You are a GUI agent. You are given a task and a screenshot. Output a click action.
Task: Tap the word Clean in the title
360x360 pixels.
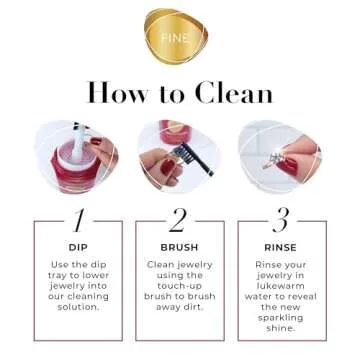[x=233, y=93]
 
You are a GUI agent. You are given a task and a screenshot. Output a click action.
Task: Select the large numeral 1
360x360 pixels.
[x=78, y=221]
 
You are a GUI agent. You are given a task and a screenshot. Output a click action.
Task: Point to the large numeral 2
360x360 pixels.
[x=179, y=221]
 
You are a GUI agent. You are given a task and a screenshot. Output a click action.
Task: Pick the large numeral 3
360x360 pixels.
[x=280, y=221]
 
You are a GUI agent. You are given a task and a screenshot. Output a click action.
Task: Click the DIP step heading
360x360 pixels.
[x=78, y=246]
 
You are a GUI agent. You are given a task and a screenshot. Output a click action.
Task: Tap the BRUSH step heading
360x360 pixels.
[x=179, y=246]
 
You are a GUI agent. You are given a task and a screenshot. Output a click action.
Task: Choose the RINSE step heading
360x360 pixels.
[x=280, y=246]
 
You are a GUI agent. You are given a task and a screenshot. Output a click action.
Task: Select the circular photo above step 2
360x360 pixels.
[x=179, y=155]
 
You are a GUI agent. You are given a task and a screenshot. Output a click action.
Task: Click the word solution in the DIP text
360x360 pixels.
[x=77, y=307]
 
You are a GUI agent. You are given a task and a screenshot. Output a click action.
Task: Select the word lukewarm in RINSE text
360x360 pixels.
[x=280, y=285]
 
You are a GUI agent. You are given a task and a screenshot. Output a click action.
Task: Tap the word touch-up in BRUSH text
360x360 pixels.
[x=179, y=285]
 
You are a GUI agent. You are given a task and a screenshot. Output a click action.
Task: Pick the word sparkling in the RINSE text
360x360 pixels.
[x=280, y=317]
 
